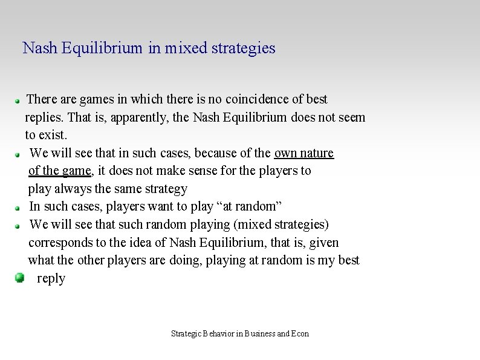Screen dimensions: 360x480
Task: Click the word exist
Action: (x=52, y=134)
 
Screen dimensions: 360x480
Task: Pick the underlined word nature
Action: (x=317, y=152)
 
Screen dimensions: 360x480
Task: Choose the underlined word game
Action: (x=76, y=171)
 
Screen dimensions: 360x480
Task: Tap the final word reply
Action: (x=51, y=278)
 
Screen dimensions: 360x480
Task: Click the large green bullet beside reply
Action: (x=19, y=278)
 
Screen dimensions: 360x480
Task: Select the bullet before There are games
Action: (x=19, y=99)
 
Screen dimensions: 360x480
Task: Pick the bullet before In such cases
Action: (x=19, y=207)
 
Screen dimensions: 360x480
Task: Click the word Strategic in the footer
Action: (x=186, y=333)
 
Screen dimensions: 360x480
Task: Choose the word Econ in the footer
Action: (x=300, y=333)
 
